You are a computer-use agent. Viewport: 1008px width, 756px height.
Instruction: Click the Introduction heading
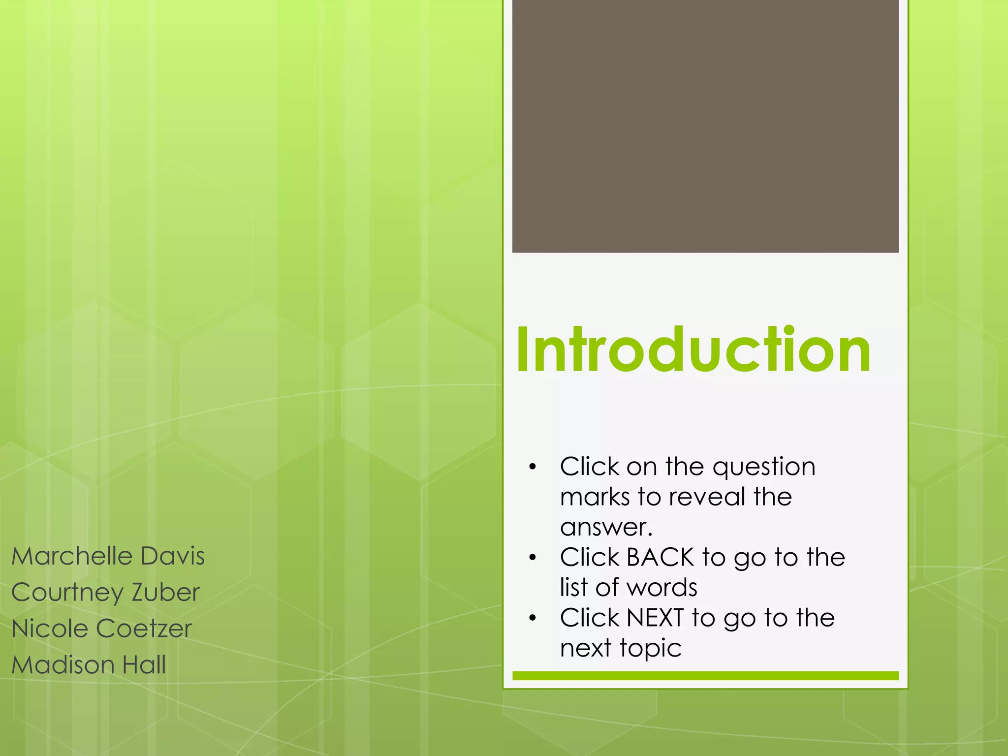click(x=693, y=350)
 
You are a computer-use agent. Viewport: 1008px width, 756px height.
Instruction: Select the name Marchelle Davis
click(x=108, y=556)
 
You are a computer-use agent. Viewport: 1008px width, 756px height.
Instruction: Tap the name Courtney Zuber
click(x=105, y=593)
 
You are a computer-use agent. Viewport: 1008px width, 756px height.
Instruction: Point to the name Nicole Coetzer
click(x=101, y=629)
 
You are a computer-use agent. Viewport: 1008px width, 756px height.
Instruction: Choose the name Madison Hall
click(x=89, y=665)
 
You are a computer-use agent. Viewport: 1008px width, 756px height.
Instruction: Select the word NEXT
click(x=655, y=618)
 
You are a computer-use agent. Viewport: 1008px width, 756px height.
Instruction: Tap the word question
click(x=764, y=468)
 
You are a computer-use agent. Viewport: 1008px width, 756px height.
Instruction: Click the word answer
click(x=606, y=528)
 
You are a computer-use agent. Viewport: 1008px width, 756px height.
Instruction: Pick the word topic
click(x=651, y=649)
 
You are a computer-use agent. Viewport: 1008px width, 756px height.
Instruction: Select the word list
click(x=574, y=588)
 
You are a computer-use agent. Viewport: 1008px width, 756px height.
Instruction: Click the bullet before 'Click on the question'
click(x=532, y=467)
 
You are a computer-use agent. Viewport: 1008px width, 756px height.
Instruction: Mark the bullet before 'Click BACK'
click(x=532, y=558)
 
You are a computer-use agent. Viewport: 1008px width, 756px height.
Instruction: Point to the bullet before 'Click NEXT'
click(x=532, y=618)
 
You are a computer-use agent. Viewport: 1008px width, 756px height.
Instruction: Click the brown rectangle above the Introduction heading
click(x=705, y=126)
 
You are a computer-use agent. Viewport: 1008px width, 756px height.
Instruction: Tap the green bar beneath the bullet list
click(x=705, y=676)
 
